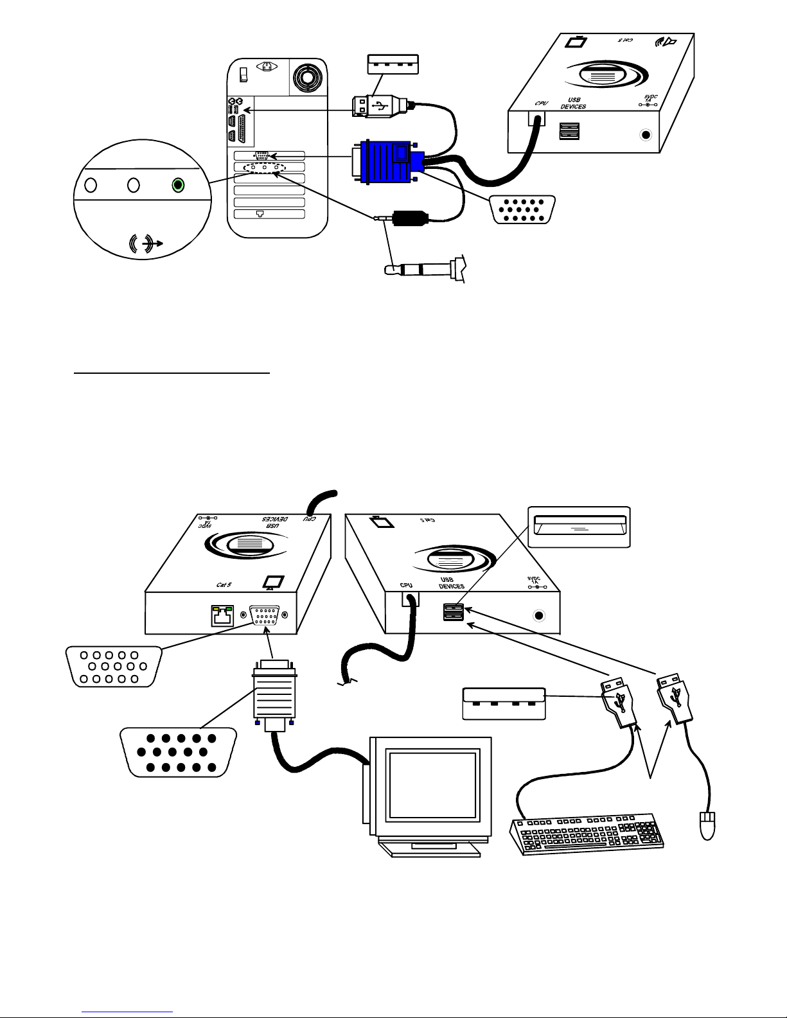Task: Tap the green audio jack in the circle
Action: [178, 185]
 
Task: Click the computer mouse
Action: [706, 825]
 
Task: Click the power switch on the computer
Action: [243, 75]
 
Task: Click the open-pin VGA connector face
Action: [113, 667]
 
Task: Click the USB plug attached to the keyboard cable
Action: [618, 704]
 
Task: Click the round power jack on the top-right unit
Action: [644, 136]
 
